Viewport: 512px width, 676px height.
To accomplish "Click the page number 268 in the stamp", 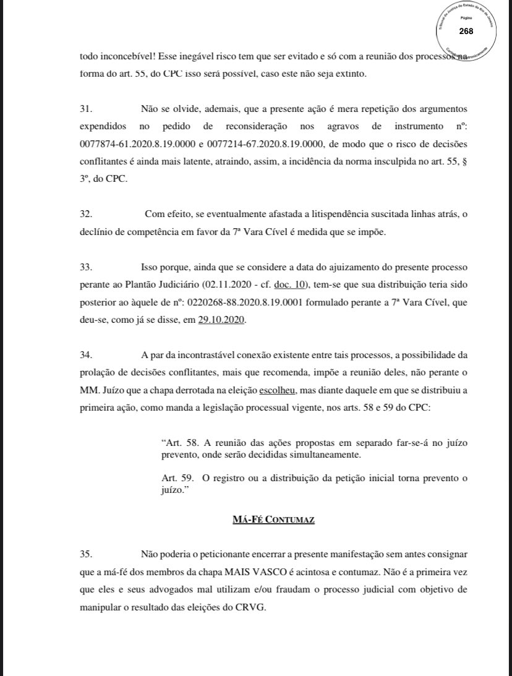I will point(466,31).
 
